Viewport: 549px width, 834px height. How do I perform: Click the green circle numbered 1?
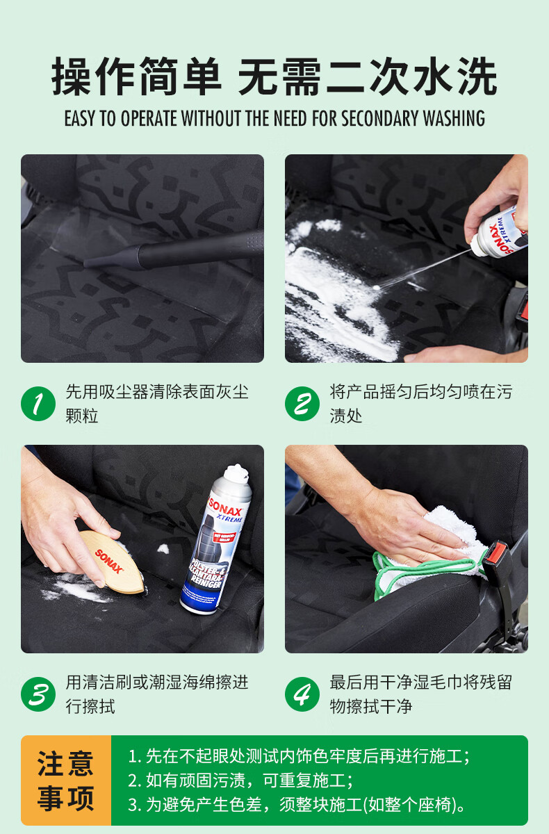[x=38, y=404]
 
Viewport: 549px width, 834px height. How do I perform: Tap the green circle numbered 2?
[x=302, y=404]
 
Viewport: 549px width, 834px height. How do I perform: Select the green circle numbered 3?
[x=38, y=694]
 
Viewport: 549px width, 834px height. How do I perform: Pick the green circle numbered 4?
[x=302, y=694]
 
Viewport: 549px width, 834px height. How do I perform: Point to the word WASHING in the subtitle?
[x=454, y=118]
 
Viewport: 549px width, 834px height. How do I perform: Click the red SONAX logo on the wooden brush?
[x=108, y=561]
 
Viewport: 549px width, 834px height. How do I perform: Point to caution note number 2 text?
[x=240, y=780]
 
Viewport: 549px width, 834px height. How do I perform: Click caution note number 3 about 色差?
[x=297, y=805]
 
